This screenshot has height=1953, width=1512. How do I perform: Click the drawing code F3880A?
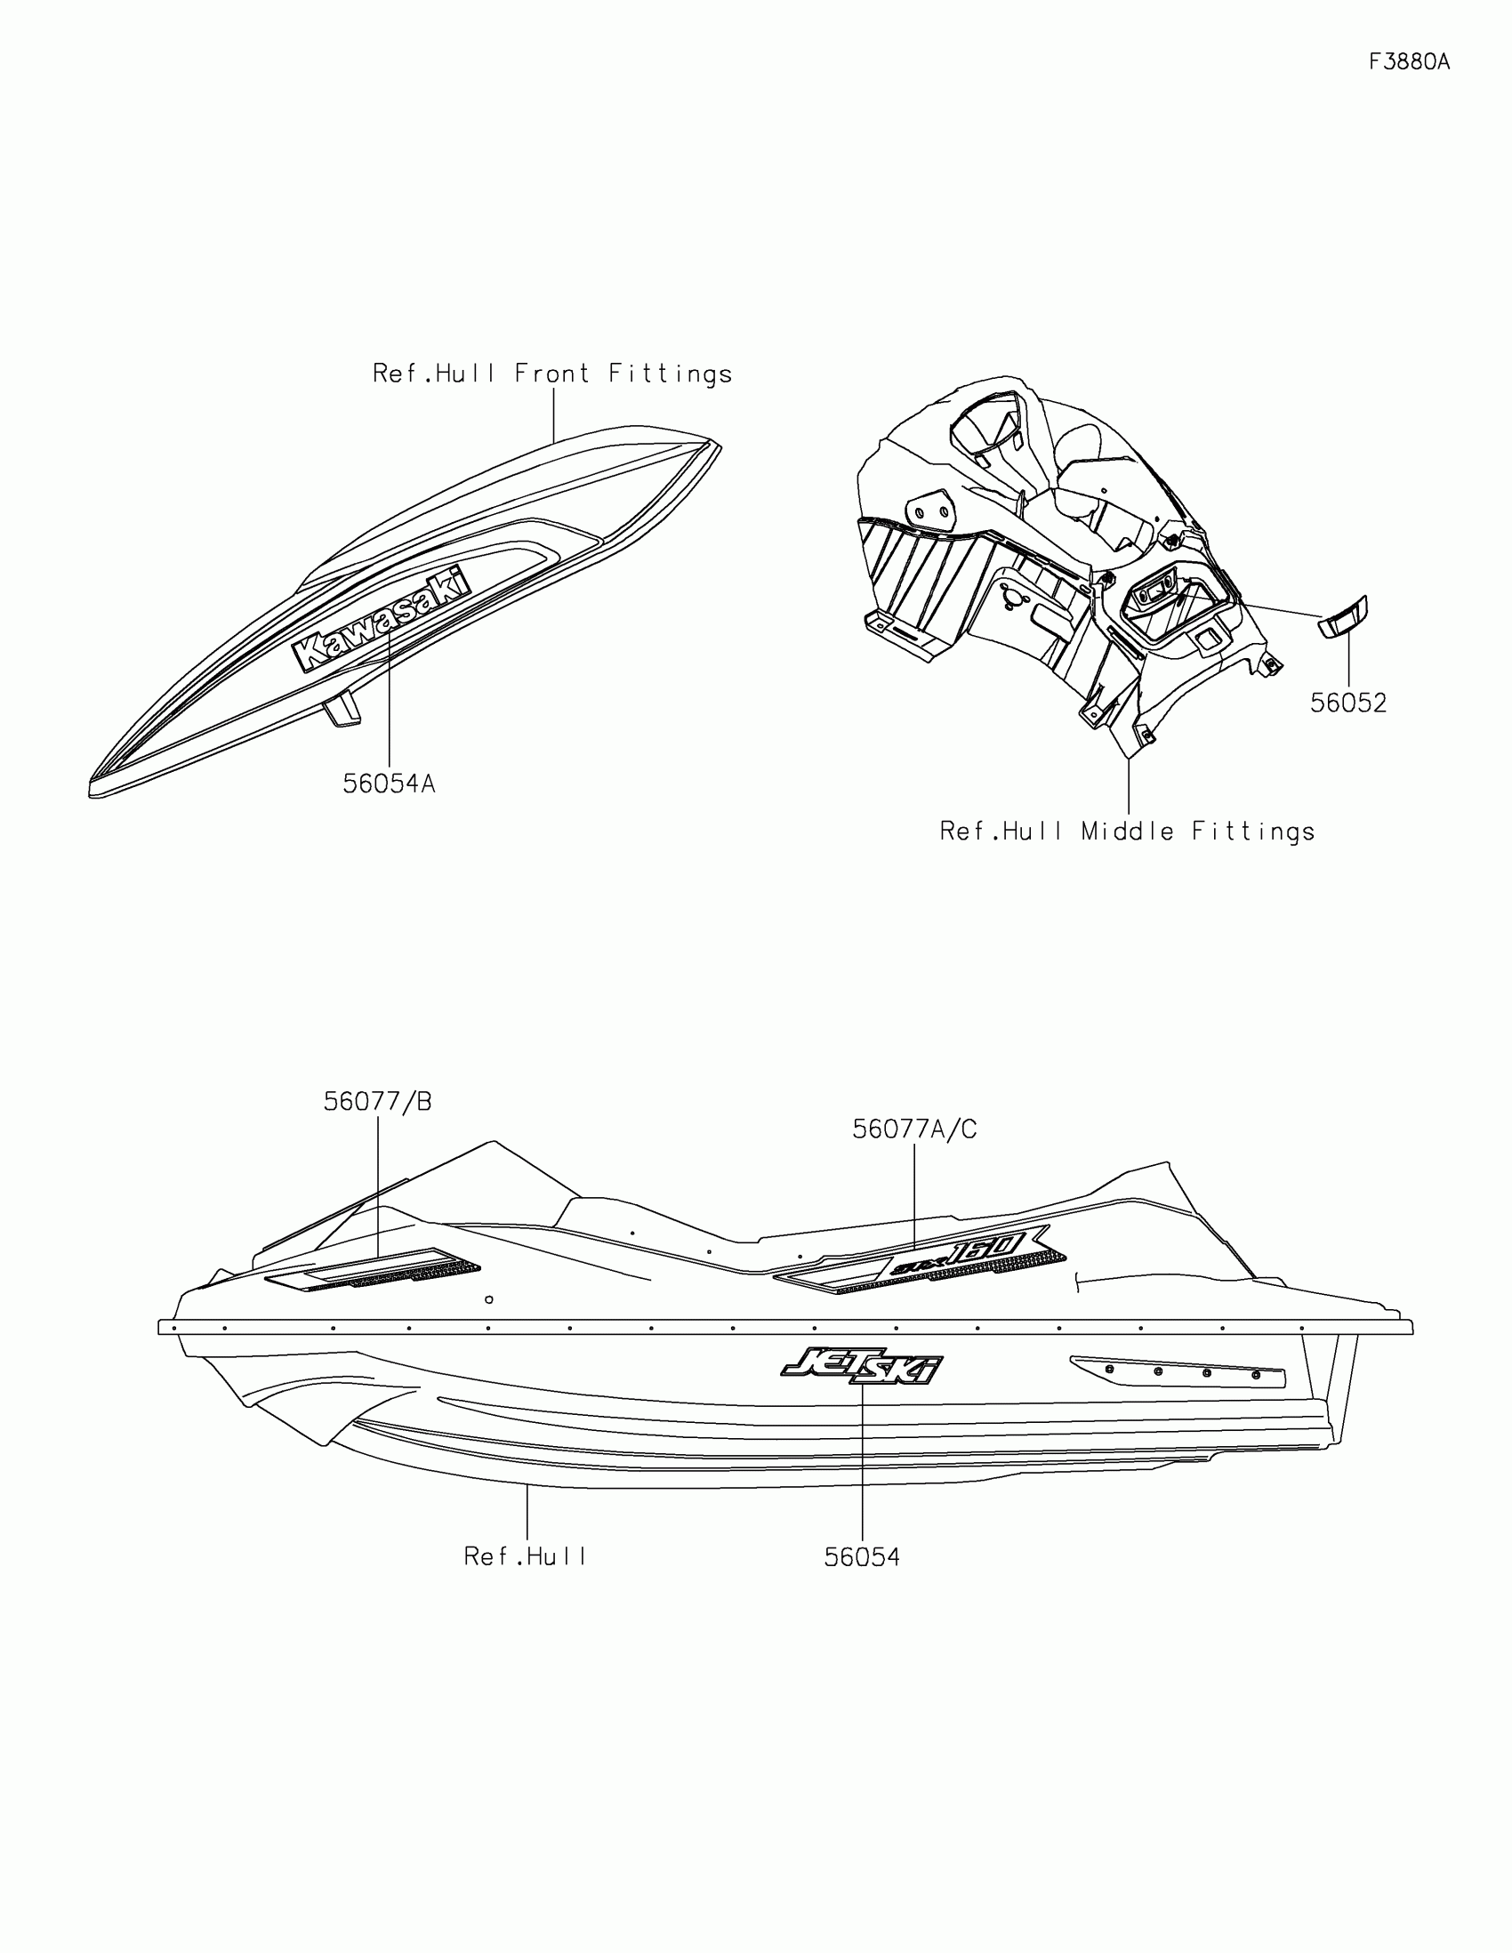[x=1409, y=61]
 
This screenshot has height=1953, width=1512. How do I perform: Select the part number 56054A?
[x=389, y=784]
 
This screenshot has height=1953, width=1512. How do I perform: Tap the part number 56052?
[x=1347, y=703]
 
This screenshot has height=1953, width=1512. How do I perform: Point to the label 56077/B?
[x=377, y=1103]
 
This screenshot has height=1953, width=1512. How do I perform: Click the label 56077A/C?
[x=913, y=1130]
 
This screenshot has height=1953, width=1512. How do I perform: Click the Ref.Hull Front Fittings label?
[x=551, y=374]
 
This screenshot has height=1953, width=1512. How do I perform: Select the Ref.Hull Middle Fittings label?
[x=1127, y=832]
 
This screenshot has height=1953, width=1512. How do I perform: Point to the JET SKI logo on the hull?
[x=861, y=1365]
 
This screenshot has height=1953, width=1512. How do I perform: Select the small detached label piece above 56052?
[x=1343, y=617]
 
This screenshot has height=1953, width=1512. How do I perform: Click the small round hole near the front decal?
[x=488, y=1299]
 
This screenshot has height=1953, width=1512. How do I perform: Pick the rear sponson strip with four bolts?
[x=1178, y=1370]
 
